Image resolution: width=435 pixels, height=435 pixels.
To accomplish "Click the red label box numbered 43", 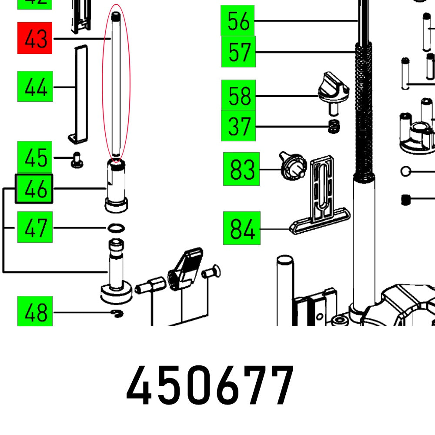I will [35, 38].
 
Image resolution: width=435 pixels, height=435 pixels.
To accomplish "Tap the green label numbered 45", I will [35, 157].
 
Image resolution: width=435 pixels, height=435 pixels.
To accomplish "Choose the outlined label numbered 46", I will [34, 189].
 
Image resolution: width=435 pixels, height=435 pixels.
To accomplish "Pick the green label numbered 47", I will [35, 227].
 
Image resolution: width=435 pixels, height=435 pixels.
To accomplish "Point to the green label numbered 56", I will [238, 20].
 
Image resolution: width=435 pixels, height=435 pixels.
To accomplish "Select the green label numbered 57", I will [238, 52].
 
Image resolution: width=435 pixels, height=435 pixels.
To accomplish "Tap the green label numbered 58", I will [238, 95].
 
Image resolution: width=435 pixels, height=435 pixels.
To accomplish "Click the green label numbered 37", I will [238, 126].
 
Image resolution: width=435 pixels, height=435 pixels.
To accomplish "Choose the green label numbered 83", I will [241, 169].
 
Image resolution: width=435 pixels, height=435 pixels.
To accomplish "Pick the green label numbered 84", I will [241, 228].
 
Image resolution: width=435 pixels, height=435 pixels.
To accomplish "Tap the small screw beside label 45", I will [77, 160].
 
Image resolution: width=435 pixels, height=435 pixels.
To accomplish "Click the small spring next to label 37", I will [334, 127].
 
